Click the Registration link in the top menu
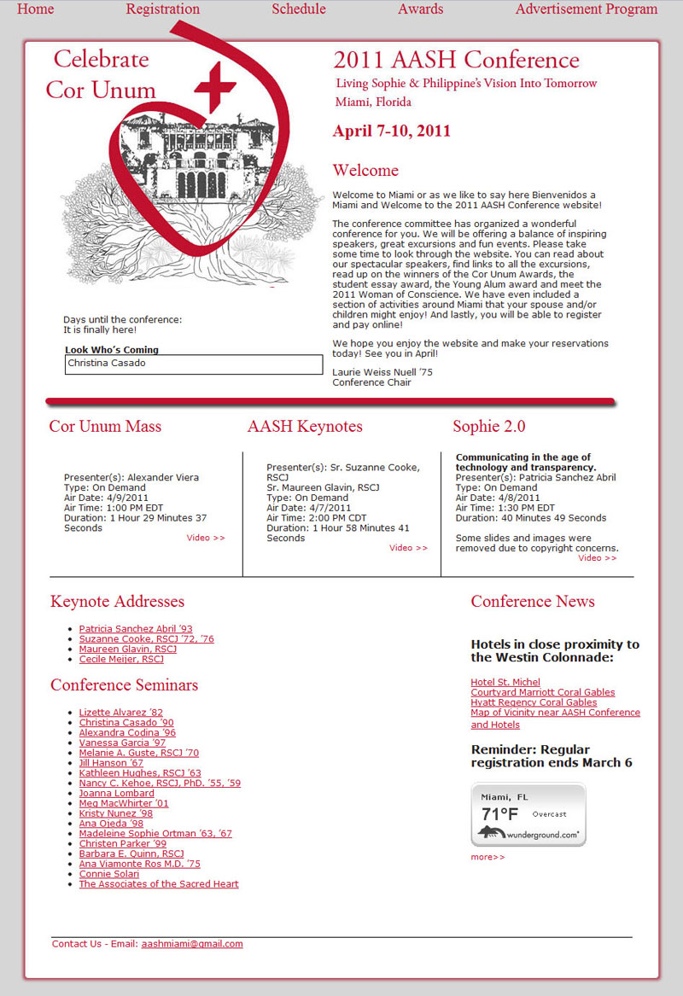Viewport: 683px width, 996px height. (x=162, y=9)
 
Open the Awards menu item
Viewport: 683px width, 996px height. (x=420, y=9)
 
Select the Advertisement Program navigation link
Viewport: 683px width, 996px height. (x=586, y=9)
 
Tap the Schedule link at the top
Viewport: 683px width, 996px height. (x=299, y=9)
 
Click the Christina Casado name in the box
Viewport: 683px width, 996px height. (x=107, y=364)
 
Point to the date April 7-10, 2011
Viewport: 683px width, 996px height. (x=392, y=131)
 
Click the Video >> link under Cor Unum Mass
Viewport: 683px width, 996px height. (x=206, y=539)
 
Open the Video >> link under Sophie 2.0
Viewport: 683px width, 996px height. (x=597, y=558)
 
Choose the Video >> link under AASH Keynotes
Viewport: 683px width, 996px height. (x=408, y=548)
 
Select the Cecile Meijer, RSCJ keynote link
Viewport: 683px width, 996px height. (x=121, y=660)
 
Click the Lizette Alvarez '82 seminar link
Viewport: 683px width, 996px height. (x=120, y=713)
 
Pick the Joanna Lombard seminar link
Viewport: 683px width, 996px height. (x=116, y=794)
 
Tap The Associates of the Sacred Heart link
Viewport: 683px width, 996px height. (x=159, y=884)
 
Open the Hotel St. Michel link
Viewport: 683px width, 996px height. (x=505, y=683)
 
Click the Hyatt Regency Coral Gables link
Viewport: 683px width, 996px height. (x=534, y=702)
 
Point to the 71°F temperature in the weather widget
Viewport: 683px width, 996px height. (x=500, y=814)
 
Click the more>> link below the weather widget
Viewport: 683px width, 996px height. (x=487, y=857)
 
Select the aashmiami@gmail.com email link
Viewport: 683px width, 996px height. (x=192, y=944)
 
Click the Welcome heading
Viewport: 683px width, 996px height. (x=365, y=171)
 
